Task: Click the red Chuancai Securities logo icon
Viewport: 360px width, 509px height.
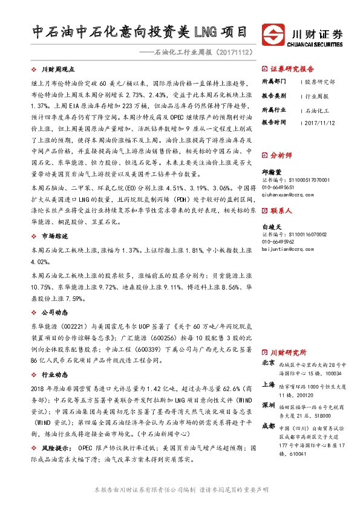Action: coord(272,34)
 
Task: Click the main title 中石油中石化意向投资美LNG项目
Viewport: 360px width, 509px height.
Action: coord(140,31)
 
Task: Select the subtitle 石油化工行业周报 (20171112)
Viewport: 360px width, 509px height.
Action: coord(203,53)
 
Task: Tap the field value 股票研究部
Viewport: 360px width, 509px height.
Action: coord(320,82)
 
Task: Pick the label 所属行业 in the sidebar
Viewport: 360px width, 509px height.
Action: coord(273,109)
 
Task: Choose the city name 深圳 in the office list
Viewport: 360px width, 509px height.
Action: coord(269,404)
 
